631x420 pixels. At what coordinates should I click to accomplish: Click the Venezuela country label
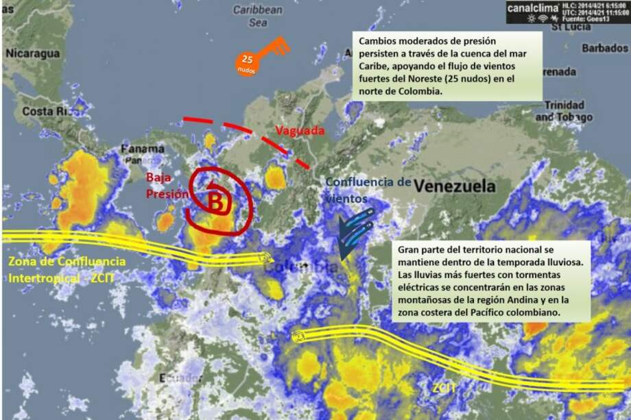(455, 186)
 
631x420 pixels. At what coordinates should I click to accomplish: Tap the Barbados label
(604, 48)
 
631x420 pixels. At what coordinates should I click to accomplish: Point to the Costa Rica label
(47, 111)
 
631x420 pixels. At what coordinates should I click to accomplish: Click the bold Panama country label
(142, 149)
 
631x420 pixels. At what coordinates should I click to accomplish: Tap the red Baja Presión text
(167, 186)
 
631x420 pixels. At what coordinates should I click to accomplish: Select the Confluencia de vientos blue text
(368, 190)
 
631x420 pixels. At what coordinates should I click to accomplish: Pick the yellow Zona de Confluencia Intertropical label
(67, 270)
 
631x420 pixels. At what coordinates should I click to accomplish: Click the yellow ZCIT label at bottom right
(444, 388)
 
